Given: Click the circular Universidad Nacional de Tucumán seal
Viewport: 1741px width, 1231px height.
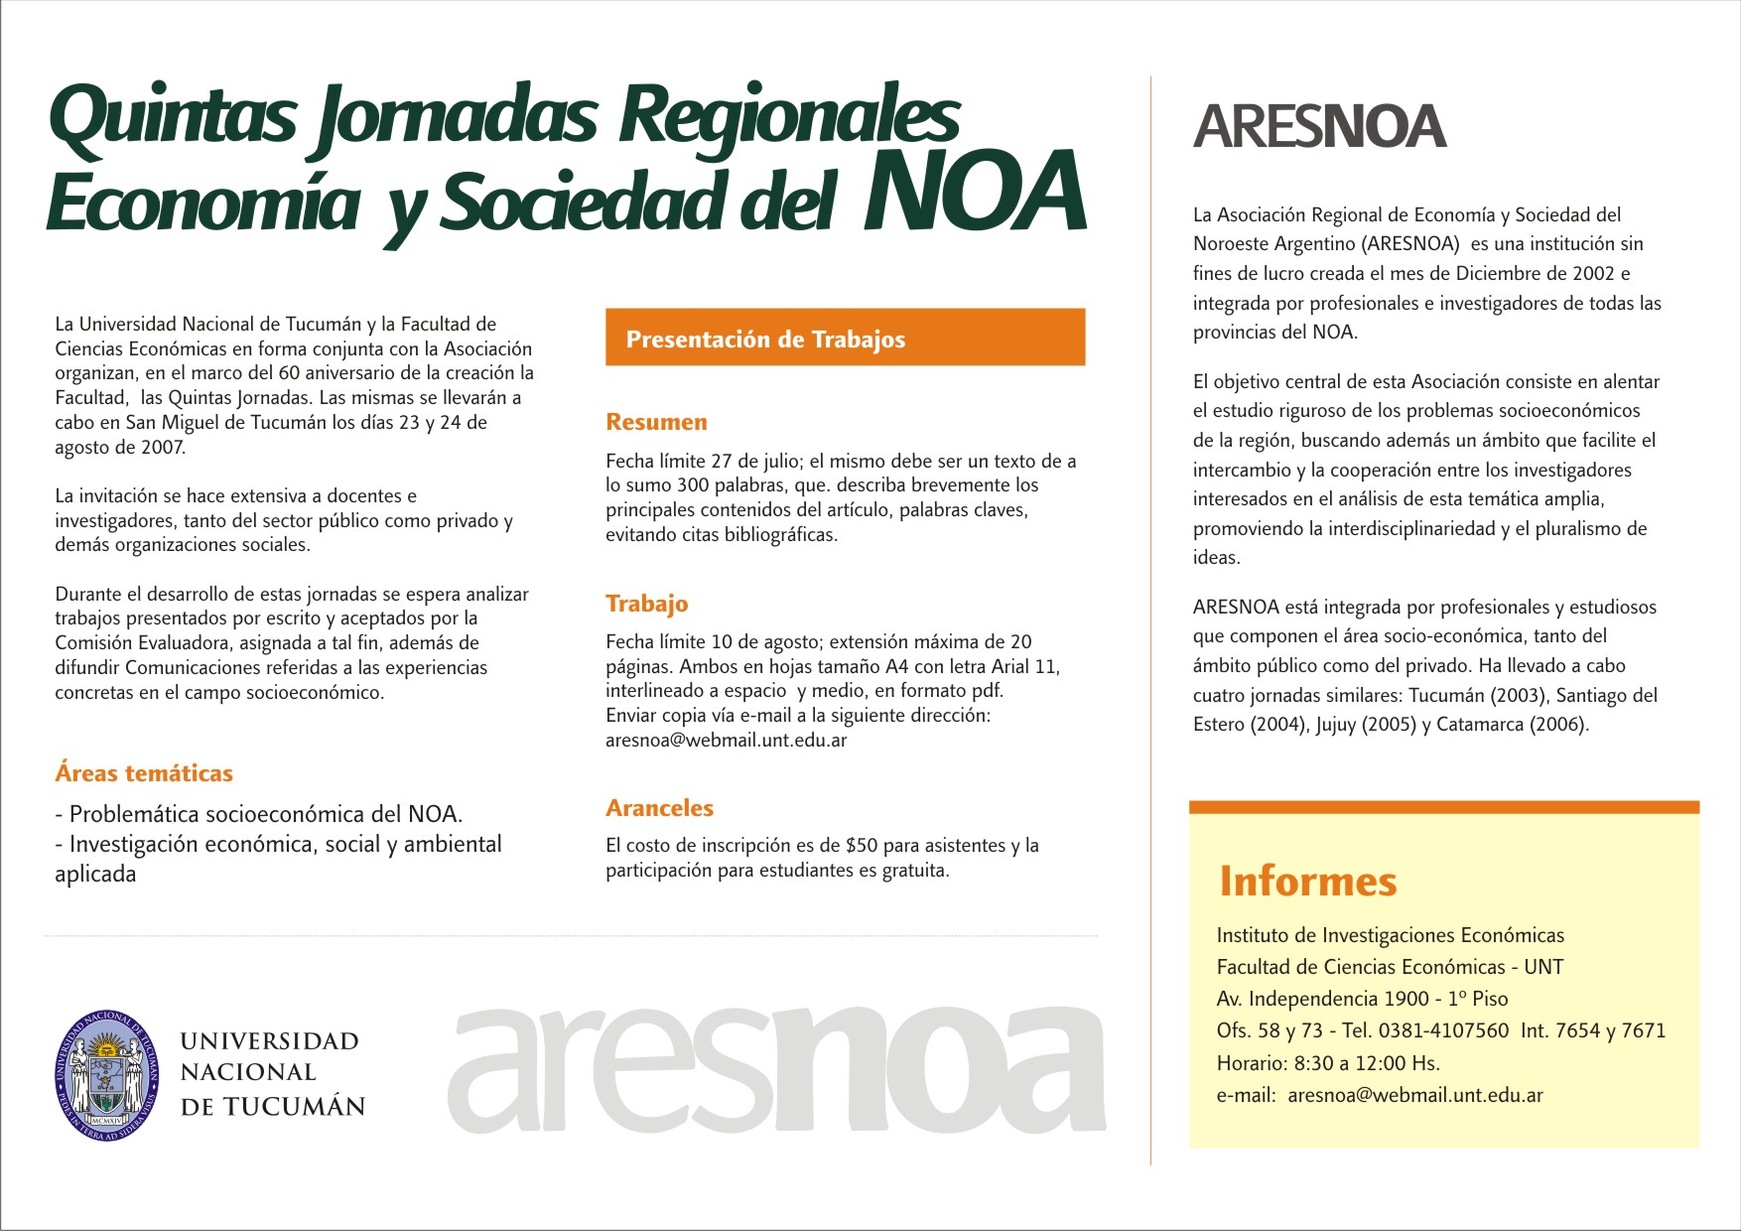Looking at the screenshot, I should click(107, 1075).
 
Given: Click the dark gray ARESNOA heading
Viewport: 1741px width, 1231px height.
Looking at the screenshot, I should click(1319, 127).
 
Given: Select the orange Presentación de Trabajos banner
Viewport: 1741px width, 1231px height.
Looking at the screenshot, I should click(845, 338).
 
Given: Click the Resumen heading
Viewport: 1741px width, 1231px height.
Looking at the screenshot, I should click(656, 422).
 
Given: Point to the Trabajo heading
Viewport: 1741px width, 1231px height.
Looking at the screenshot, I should click(646, 604).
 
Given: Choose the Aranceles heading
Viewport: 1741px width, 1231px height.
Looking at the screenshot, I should click(659, 808).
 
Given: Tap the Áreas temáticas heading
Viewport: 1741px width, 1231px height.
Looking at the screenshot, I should click(144, 773).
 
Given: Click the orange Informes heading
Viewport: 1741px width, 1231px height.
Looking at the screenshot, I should click(1307, 882).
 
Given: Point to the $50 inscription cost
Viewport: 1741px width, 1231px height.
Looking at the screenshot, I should click(862, 846).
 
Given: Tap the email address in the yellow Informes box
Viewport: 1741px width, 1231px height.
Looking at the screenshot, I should click(1414, 1096).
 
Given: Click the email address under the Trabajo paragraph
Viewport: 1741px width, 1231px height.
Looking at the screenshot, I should click(726, 741).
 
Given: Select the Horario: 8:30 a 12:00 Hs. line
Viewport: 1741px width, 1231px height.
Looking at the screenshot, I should click(1328, 1063).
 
